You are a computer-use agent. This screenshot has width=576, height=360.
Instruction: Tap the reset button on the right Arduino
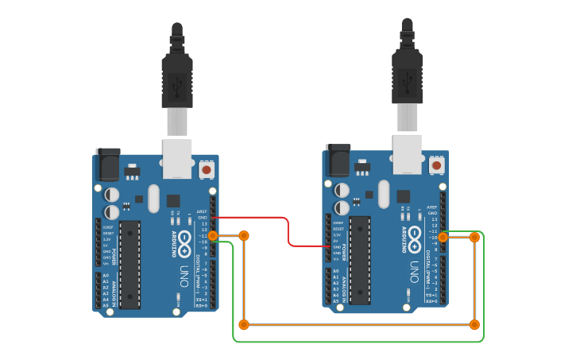[436, 165]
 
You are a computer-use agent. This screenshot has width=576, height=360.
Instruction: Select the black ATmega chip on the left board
[130, 265]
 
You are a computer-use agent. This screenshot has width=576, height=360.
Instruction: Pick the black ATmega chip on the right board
[359, 260]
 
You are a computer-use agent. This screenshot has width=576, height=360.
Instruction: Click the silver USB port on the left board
[177, 158]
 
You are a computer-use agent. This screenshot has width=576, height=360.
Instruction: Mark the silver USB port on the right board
[407, 153]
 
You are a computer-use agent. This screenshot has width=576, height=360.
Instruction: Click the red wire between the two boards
[288, 230]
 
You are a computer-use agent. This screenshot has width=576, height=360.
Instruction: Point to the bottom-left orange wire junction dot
[244, 324]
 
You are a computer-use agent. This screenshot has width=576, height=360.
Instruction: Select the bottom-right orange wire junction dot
[474, 324]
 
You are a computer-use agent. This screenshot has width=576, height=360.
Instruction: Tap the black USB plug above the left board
[177, 79]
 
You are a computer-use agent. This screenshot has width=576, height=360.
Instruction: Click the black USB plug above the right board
[407, 74]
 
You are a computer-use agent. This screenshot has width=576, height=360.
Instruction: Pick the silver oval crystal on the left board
[153, 198]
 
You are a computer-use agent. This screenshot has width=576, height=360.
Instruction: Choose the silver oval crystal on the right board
[384, 193]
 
